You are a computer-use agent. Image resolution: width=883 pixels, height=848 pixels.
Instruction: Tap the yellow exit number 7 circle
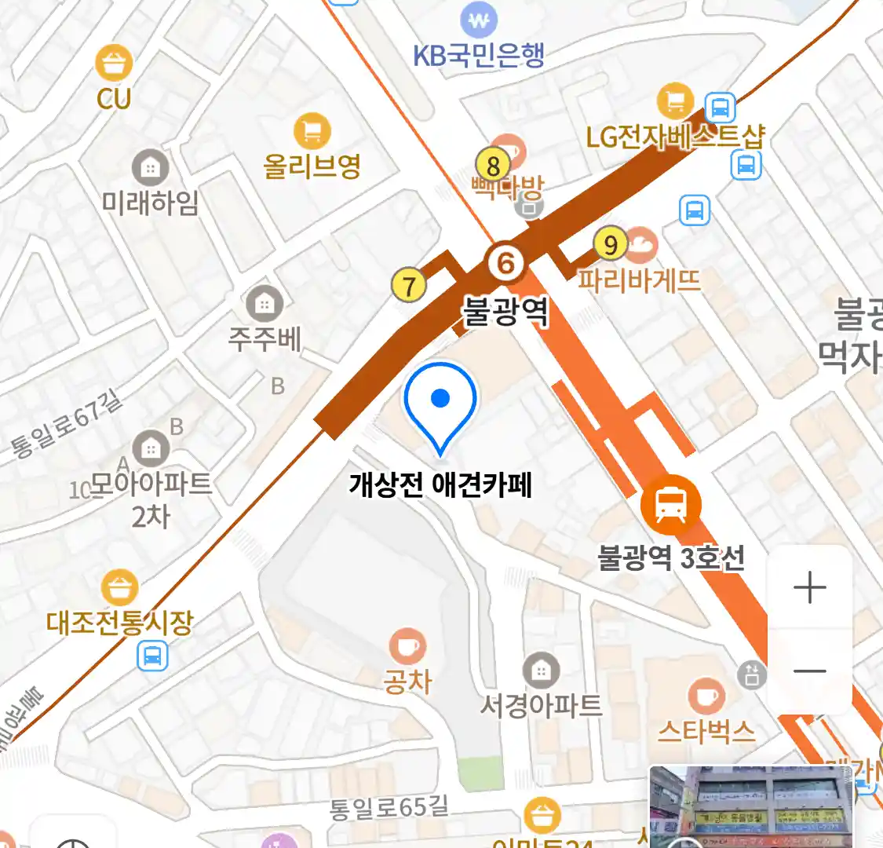pyautogui.click(x=409, y=285)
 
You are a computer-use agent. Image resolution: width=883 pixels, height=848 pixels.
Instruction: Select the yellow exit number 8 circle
pyautogui.click(x=493, y=166)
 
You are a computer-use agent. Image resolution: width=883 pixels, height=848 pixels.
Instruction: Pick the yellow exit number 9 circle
pyautogui.click(x=611, y=244)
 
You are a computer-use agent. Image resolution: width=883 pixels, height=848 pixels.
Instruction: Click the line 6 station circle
pyautogui.click(x=506, y=263)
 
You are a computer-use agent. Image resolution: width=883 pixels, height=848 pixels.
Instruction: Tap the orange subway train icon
pyautogui.click(x=670, y=505)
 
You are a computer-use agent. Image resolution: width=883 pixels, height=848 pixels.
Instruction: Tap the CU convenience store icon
pyautogui.click(x=114, y=63)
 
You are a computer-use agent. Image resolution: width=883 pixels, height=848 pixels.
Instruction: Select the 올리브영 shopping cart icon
pyautogui.click(x=312, y=131)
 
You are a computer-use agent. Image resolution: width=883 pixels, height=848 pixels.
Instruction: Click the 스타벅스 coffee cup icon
pyautogui.click(x=706, y=696)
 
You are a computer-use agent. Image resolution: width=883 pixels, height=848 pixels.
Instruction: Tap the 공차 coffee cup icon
pyautogui.click(x=407, y=647)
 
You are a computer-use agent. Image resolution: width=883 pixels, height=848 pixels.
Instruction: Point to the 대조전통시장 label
pyautogui.click(x=119, y=623)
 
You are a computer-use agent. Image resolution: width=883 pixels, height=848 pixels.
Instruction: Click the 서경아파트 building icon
pyautogui.click(x=541, y=671)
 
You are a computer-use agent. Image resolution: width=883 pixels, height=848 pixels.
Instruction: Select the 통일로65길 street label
pyautogui.click(x=389, y=806)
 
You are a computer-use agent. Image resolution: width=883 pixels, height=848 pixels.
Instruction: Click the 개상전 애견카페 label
pyautogui.click(x=440, y=484)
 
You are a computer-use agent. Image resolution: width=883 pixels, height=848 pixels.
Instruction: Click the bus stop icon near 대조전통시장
pyautogui.click(x=152, y=656)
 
